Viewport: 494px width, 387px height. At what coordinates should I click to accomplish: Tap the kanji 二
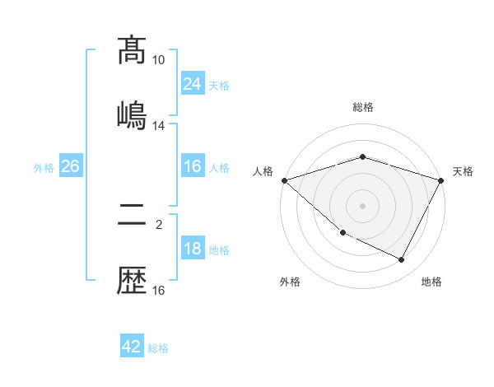[x=132, y=216]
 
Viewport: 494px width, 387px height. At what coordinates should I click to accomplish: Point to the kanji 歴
[x=132, y=282]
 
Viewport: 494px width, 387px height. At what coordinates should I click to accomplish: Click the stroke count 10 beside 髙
[x=159, y=60]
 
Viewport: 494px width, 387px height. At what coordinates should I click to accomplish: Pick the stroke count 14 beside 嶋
[x=159, y=126]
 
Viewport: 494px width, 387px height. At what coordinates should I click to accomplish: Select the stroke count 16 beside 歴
[x=159, y=290]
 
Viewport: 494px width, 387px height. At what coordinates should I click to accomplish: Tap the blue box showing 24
[x=192, y=84]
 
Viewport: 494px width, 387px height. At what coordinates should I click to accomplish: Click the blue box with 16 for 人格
[x=192, y=167]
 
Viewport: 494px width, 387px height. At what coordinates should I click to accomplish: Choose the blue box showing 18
[x=192, y=249]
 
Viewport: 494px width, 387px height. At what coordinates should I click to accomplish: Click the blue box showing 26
[x=70, y=167]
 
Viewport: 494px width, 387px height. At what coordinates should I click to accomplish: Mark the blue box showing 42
[x=132, y=347]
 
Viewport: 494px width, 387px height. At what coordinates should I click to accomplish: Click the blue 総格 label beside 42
[x=158, y=348]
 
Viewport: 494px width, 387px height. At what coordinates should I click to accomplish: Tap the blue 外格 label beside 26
[x=44, y=168]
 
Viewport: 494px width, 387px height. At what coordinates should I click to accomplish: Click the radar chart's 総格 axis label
[x=363, y=107]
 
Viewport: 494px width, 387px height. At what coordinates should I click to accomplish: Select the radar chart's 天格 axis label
[x=463, y=171]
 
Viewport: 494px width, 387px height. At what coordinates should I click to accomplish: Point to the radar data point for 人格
[x=284, y=180]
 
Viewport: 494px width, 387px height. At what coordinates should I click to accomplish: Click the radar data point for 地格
[x=402, y=260]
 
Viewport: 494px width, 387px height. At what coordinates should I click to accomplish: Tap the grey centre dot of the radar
[x=363, y=205]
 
